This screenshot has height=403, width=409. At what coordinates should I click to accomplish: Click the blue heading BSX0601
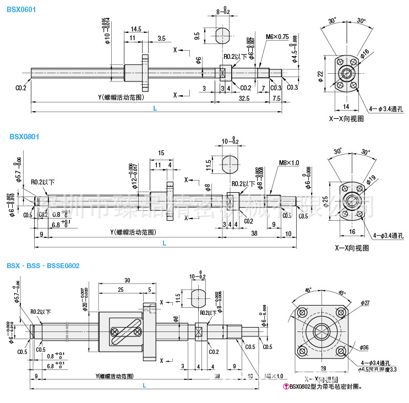click(21, 9)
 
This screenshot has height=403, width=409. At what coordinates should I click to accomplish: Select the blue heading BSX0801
click(21, 137)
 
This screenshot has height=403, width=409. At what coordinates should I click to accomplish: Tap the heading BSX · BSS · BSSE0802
click(43, 265)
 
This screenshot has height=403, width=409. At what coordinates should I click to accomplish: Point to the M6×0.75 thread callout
click(277, 37)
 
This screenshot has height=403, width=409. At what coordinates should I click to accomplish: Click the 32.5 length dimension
click(243, 98)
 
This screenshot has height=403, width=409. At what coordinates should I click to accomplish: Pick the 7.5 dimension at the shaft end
click(276, 98)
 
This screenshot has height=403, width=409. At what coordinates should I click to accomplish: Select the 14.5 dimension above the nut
click(137, 29)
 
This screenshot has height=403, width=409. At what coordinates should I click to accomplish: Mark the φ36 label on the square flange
click(364, 348)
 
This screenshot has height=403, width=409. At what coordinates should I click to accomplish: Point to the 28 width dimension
click(323, 368)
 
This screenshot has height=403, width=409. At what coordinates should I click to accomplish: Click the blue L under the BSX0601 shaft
click(155, 108)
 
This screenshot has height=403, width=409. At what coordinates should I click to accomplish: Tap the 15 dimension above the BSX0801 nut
click(161, 153)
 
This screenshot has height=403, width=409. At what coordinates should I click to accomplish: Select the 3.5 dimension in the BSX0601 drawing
click(161, 38)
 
